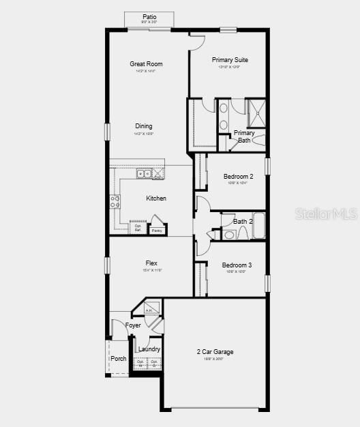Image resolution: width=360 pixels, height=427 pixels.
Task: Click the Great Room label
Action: (146, 64)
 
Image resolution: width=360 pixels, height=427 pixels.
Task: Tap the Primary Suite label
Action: (230, 60)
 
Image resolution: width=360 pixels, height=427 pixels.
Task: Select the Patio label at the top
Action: (149, 16)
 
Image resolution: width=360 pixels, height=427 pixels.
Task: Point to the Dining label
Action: (144, 126)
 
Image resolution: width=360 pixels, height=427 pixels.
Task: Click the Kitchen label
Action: (156, 198)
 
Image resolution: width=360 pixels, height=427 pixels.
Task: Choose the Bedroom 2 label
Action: (238, 177)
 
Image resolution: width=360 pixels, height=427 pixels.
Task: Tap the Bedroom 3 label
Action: (237, 265)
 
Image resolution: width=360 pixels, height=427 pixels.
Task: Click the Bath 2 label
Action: (243, 221)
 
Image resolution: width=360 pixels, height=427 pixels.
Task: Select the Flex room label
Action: (151, 263)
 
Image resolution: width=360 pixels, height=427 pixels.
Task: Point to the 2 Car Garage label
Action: (215, 352)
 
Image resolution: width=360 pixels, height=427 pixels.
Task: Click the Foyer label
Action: (133, 325)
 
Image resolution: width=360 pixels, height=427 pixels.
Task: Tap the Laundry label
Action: (149, 349)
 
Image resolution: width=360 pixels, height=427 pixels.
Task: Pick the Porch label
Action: (119, 359)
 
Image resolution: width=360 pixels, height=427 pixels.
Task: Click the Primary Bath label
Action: (244, 137)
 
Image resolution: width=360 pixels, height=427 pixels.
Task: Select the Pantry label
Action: (157, 231)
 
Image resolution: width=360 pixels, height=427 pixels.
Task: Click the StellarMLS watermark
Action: (326, 213)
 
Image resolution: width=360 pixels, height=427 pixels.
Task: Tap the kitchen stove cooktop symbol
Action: (115, 201)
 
